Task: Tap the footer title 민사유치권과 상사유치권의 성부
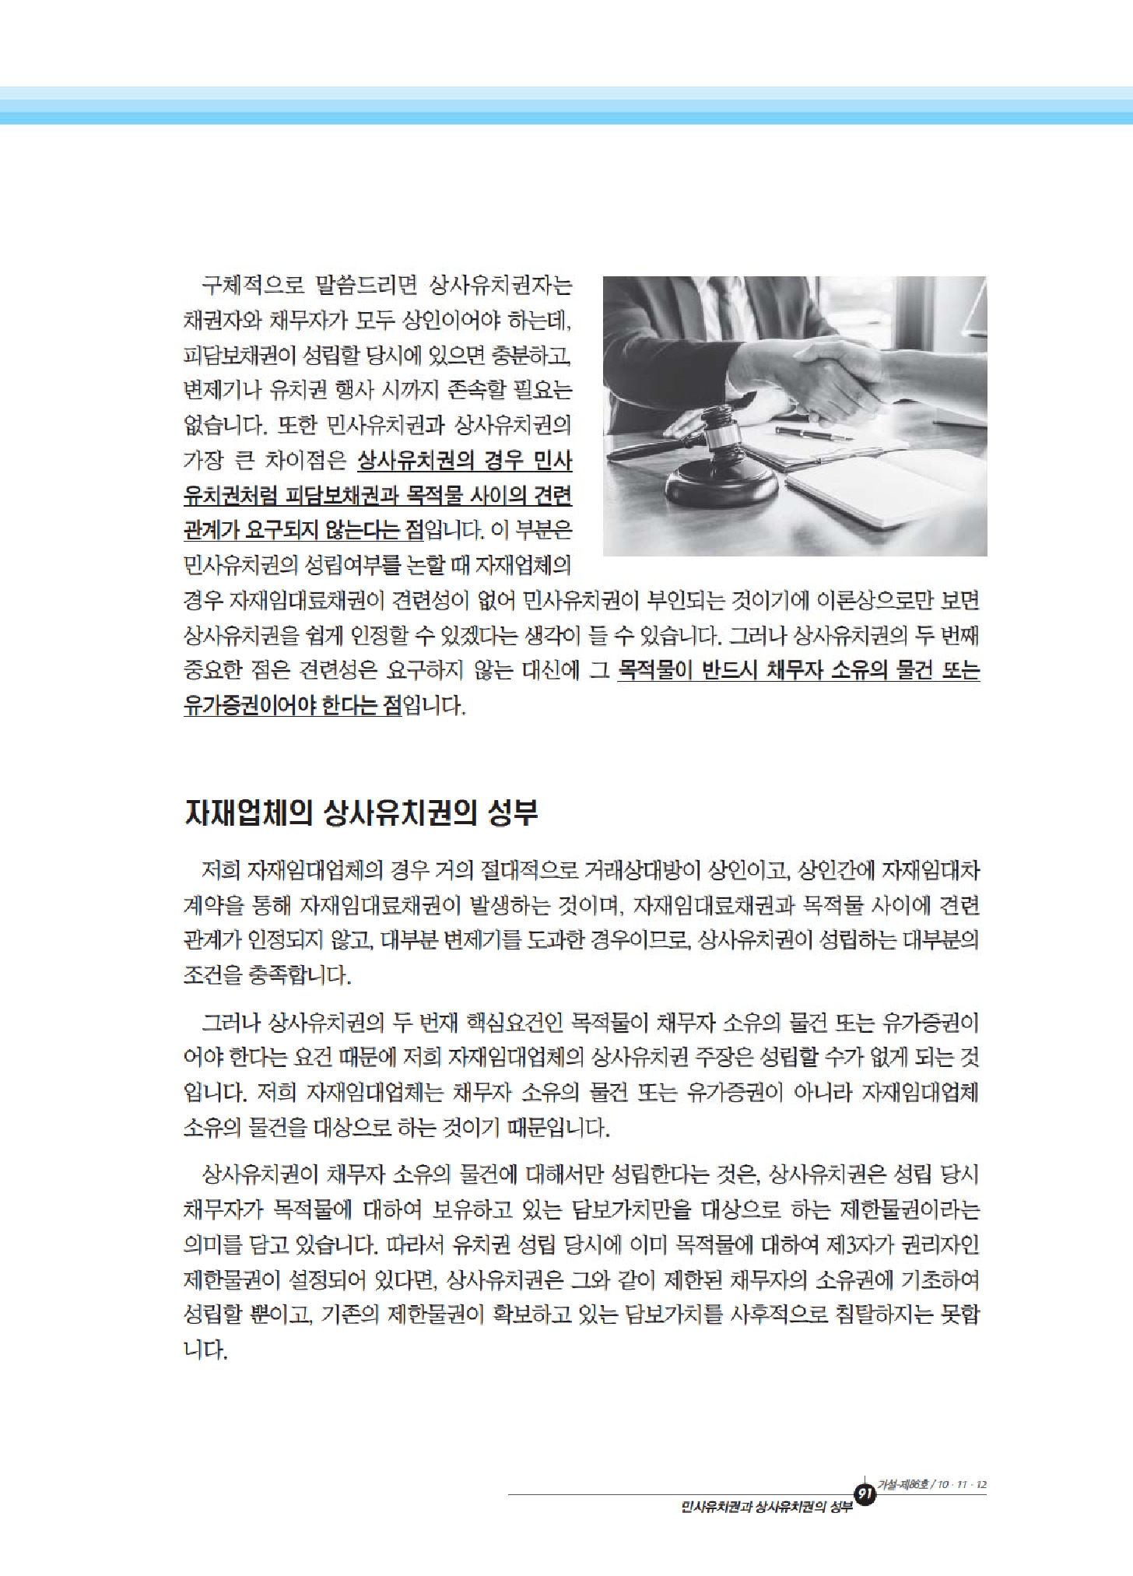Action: [766, 1507]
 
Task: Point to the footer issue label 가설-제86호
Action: [903, 1484]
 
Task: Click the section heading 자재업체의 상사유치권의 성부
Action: [361, 813]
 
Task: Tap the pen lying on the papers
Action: [814, 433]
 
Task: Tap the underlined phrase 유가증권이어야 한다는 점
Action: [292, 706]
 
